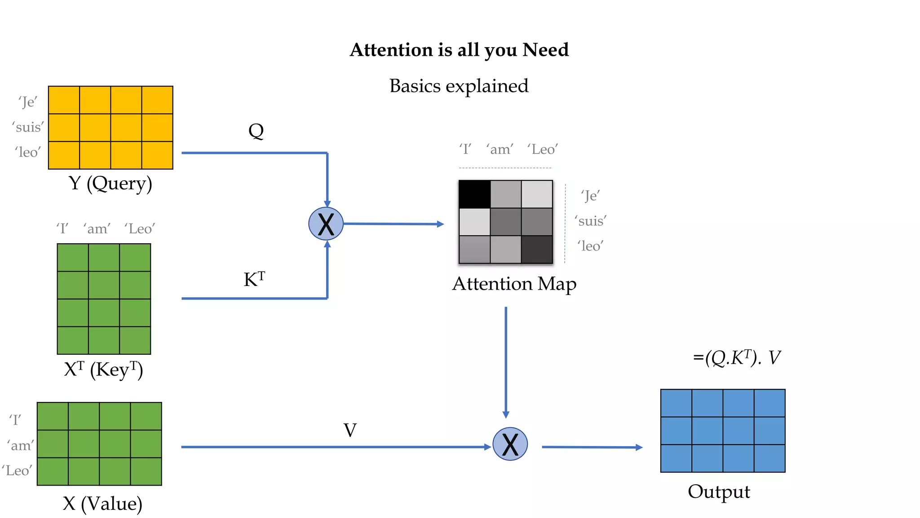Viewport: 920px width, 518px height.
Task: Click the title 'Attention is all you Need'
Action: pos(459,50)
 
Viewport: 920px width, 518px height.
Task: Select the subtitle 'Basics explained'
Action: pos(459,86)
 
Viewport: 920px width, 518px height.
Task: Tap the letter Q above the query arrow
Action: pos(256,131)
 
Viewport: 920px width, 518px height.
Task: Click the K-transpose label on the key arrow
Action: pos(254,279)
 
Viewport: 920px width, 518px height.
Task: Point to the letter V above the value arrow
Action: pos(350,430)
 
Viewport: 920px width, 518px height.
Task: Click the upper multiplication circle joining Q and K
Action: pos(326,223)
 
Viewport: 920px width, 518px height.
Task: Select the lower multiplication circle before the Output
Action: pos(510,444)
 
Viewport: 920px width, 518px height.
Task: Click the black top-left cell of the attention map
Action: pos(474,194)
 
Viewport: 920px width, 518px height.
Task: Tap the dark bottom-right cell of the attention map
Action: pos(537,250)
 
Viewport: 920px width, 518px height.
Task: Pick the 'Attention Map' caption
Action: pos(514,284)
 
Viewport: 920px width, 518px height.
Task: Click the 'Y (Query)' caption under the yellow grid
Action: pos(111,183)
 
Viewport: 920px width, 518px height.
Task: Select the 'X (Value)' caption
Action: pos(102,504)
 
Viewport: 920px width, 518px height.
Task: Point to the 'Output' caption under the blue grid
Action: pos(719,491)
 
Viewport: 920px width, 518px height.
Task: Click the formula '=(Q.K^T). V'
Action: pos(737,358)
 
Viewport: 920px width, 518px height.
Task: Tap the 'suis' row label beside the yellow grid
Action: pos(28,127)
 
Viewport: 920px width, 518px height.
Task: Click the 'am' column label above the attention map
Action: pos(500,149)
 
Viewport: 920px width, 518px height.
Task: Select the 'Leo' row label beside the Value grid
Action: pos(17,471)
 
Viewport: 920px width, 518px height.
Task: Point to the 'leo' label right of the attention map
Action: pos(590,246)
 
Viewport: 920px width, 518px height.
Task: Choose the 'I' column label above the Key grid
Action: pos(62,229)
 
